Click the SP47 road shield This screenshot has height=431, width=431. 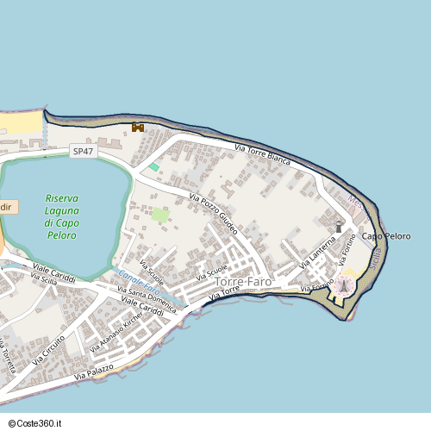[x=83, y=151]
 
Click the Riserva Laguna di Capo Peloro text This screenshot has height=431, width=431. [x=62, y=216]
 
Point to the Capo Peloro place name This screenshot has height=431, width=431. [x=385, y=236]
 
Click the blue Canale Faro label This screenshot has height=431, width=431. [x=137, y=284]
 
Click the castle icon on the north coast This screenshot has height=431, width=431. [x=137, y=128]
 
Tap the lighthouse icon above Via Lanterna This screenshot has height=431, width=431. [x=339, y=226]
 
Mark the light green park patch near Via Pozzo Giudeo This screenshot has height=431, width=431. [x=160, y=214]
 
